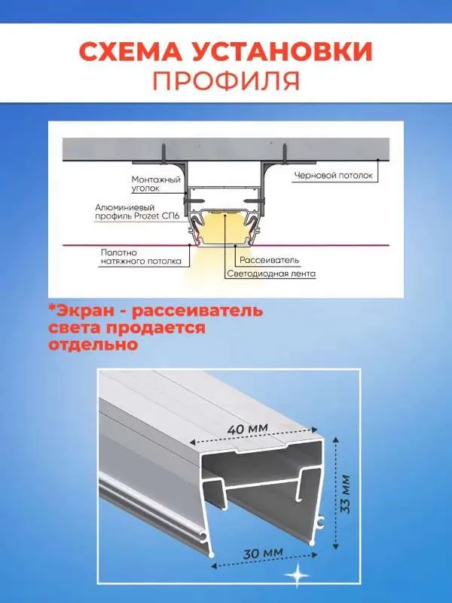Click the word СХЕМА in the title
coord(130,51)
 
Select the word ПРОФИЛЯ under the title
coord(227,80)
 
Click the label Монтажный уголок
coord(156,184)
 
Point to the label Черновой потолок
coord(334,176)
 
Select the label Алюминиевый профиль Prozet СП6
coord(137,212)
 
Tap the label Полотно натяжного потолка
coord(141,257)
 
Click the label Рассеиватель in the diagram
coord(270,260)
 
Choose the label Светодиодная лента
coord(271,274)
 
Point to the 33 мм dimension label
coord(345,494)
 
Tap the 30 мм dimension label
coord(263,554)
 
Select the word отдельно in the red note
coord(93,344)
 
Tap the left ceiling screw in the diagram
coord(163,152)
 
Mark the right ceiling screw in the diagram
coord(285,152)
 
